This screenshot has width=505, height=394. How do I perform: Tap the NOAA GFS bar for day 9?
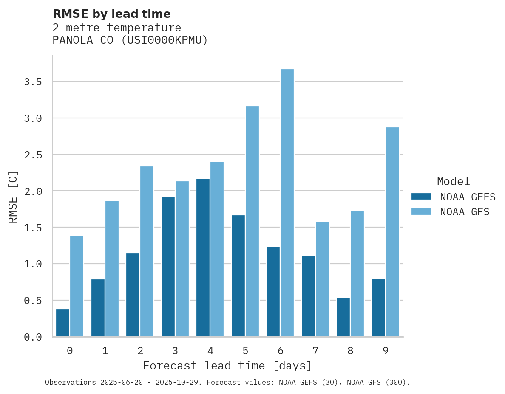[x=392, y=232]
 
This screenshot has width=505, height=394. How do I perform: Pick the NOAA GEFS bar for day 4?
[x=203, y=257]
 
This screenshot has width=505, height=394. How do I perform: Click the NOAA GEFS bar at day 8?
[x=343, y=317]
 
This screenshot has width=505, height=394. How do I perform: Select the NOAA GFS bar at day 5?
[x=252, y=221]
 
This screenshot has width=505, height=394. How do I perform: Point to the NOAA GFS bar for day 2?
[x=147, y=251]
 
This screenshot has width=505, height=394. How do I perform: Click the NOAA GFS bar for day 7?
[x=322, y=279]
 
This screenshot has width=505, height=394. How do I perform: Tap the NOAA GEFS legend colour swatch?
[x=421, y=197]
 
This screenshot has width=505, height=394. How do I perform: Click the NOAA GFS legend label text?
[x=465, y=212]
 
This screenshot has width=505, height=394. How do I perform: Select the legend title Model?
[x=453, y=182]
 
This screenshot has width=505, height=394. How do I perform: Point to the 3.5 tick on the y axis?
[x=33, y=82]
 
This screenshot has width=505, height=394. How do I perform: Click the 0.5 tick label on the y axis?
[x=33, y=301]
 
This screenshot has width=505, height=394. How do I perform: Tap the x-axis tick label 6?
[x=280, y=351]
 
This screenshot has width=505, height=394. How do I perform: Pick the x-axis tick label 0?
[x=70, y=351]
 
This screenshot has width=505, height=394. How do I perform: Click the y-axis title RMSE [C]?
[x=13, y=197]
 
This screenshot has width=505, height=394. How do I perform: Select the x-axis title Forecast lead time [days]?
[x=227, y=366]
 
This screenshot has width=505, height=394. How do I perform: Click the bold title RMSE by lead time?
[x=111, y=14]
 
